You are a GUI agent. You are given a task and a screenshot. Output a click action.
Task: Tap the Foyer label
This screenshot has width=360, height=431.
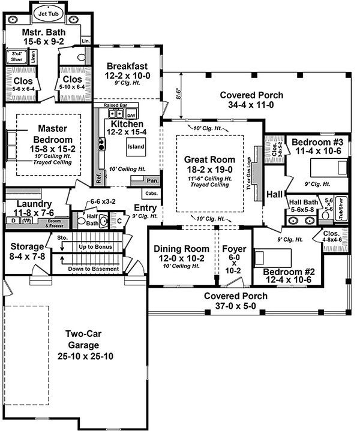coord(230,249)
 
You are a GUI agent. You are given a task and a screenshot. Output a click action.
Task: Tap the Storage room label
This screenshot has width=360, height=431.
coord(26,246)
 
